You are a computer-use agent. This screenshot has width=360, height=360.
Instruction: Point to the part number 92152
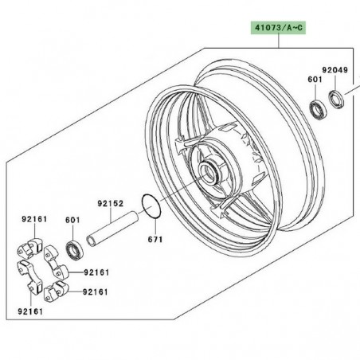pyautogui.click(x=110, y=203)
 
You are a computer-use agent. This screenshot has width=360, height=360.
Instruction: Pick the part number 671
pyautogui.click(x=153, y=239)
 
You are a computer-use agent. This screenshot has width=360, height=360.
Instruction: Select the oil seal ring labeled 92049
pyautogui.click(x=335, y=98)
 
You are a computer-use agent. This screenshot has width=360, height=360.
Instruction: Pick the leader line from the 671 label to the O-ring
pyautogui.click(x=152, y=227)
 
